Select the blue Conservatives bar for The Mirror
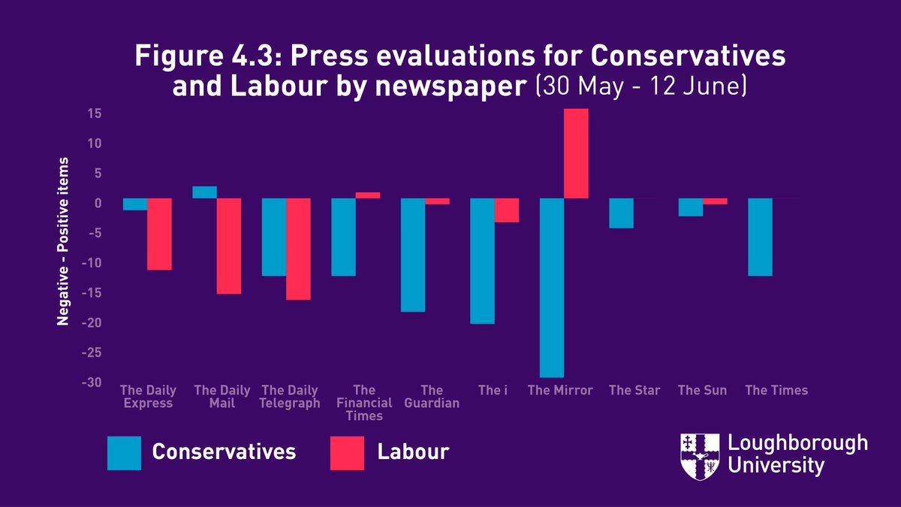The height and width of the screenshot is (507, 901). click(x=552, y=288)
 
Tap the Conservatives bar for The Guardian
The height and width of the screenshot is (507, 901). click(x=413, y=255)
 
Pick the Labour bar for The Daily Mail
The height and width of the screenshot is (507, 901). click(x=229, y=246)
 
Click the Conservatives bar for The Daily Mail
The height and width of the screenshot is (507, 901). click(x=205, y=192)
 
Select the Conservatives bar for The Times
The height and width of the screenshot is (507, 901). click(x=760, y=237)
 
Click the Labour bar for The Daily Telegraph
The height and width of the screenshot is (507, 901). click(x=298, y=249)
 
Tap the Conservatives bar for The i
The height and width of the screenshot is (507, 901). click(x=482, y=261)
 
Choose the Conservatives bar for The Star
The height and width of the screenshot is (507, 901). click(x=621, y=213)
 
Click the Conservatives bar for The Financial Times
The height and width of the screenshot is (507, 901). click(x=344, y=237)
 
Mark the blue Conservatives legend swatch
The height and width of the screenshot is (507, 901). click(x=124, y=452)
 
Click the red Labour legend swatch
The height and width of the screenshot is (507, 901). click(x=347, y=452)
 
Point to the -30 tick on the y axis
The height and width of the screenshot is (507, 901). click(x=93, y=382)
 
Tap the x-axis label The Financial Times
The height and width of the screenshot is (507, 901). click(x=364, y=403)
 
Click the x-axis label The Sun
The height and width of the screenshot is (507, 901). click(x=702, y=390)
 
